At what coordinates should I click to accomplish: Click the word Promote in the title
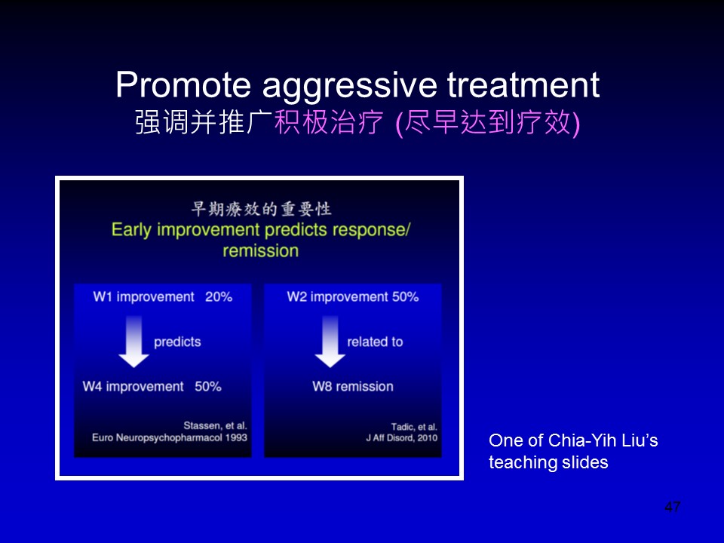coord(183,84)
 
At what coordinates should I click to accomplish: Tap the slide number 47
coord(672,507)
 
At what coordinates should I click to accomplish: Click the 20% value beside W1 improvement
coord(219,296)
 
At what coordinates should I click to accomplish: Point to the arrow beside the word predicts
coord(134,342)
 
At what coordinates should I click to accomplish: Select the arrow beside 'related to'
coord(330,342)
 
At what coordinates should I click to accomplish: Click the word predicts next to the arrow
coord(177,342)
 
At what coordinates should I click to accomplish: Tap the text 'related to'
coord(375,342)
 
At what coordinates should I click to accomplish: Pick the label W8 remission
coord(353,386)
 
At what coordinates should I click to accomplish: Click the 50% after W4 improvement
coord(208,386)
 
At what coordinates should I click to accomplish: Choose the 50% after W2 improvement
coord(406,296)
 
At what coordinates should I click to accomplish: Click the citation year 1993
coord(236,437)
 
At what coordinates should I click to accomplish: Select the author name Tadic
coord(403,427)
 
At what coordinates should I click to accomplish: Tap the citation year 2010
coord(427,437)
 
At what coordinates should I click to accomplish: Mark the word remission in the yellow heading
coord(260,250)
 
